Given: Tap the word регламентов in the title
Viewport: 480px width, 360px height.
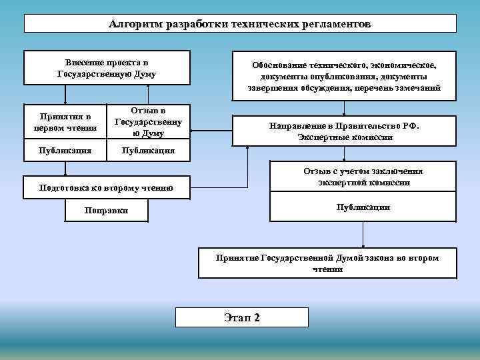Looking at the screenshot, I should click(x=334, y=24).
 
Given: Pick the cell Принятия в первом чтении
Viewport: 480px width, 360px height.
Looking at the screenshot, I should click(x=65, y=122).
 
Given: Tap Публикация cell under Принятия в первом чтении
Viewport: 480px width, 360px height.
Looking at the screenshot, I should click(x=65, y=151).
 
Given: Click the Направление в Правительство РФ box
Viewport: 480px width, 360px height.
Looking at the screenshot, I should click(x=344, y=131).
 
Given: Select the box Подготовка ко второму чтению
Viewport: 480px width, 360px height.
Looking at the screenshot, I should click(x=107, y=188).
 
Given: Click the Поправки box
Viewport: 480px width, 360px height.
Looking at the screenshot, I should click(x=107, y=211).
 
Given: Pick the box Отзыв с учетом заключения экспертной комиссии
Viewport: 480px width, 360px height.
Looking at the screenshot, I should click(x=363, y=177).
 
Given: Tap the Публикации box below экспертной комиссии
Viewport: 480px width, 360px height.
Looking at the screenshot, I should click(x=363, y=207).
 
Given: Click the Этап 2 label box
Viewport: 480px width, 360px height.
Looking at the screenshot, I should click(x=241, y=317).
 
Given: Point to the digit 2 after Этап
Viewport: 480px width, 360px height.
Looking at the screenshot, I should click(x=257, y=317).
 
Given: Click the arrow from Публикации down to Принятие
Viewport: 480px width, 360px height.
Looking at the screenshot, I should click(x=363, y=235).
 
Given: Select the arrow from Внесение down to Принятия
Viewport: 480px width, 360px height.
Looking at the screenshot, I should click(x=65, y=95).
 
